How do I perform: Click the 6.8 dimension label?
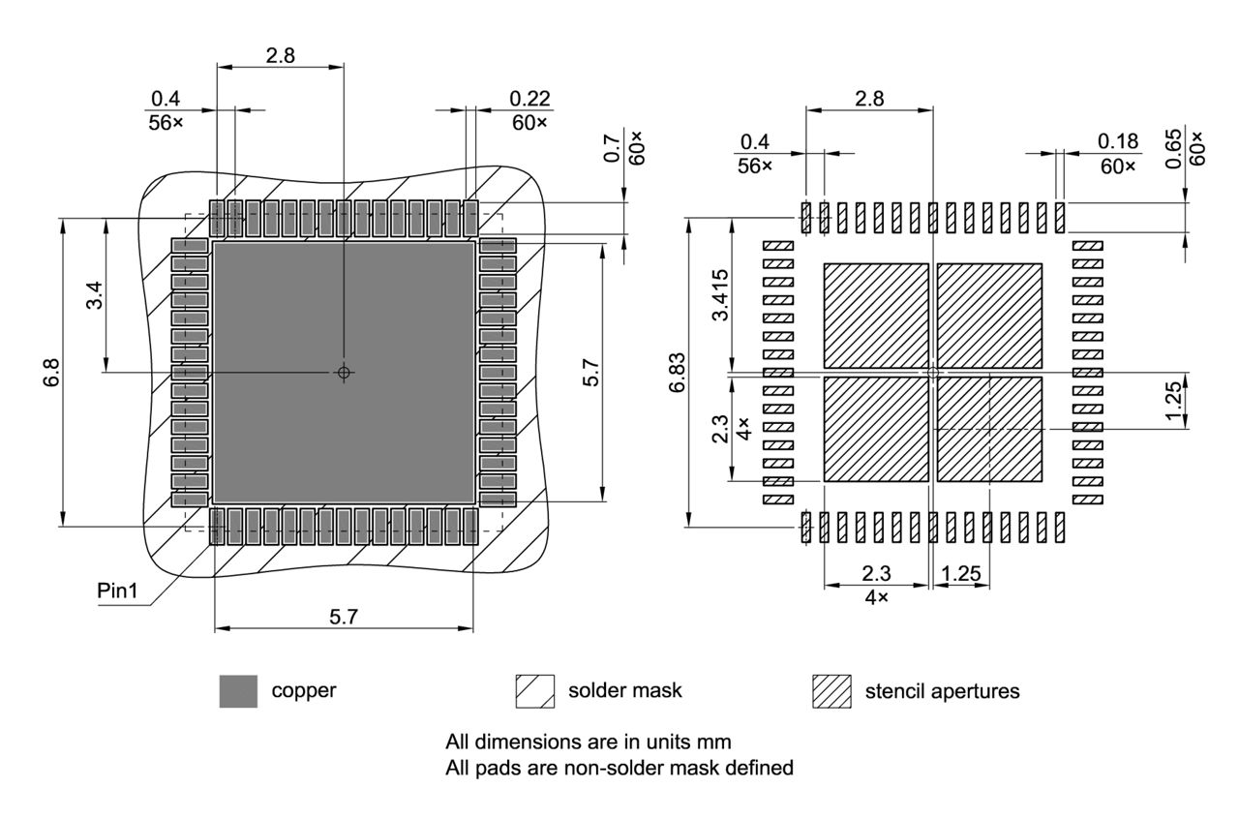click(51, 373)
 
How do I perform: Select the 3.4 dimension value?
click(94, 296)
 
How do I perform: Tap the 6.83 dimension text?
click(677, 373)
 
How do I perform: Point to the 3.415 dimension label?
click(720, 300)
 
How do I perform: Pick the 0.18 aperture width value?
click(1118, 141)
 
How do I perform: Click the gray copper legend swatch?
click(238, 691)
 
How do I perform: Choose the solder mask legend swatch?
click(535, 691)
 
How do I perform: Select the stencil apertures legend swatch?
click(831, 691)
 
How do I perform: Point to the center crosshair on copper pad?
click(344, 372)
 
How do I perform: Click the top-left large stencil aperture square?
click(875, 315)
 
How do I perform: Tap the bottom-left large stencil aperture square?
click(875, 429)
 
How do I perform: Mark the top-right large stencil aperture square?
click(989, 315)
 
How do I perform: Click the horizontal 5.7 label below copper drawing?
click(344, 617)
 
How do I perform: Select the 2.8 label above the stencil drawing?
click(867, 98)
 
